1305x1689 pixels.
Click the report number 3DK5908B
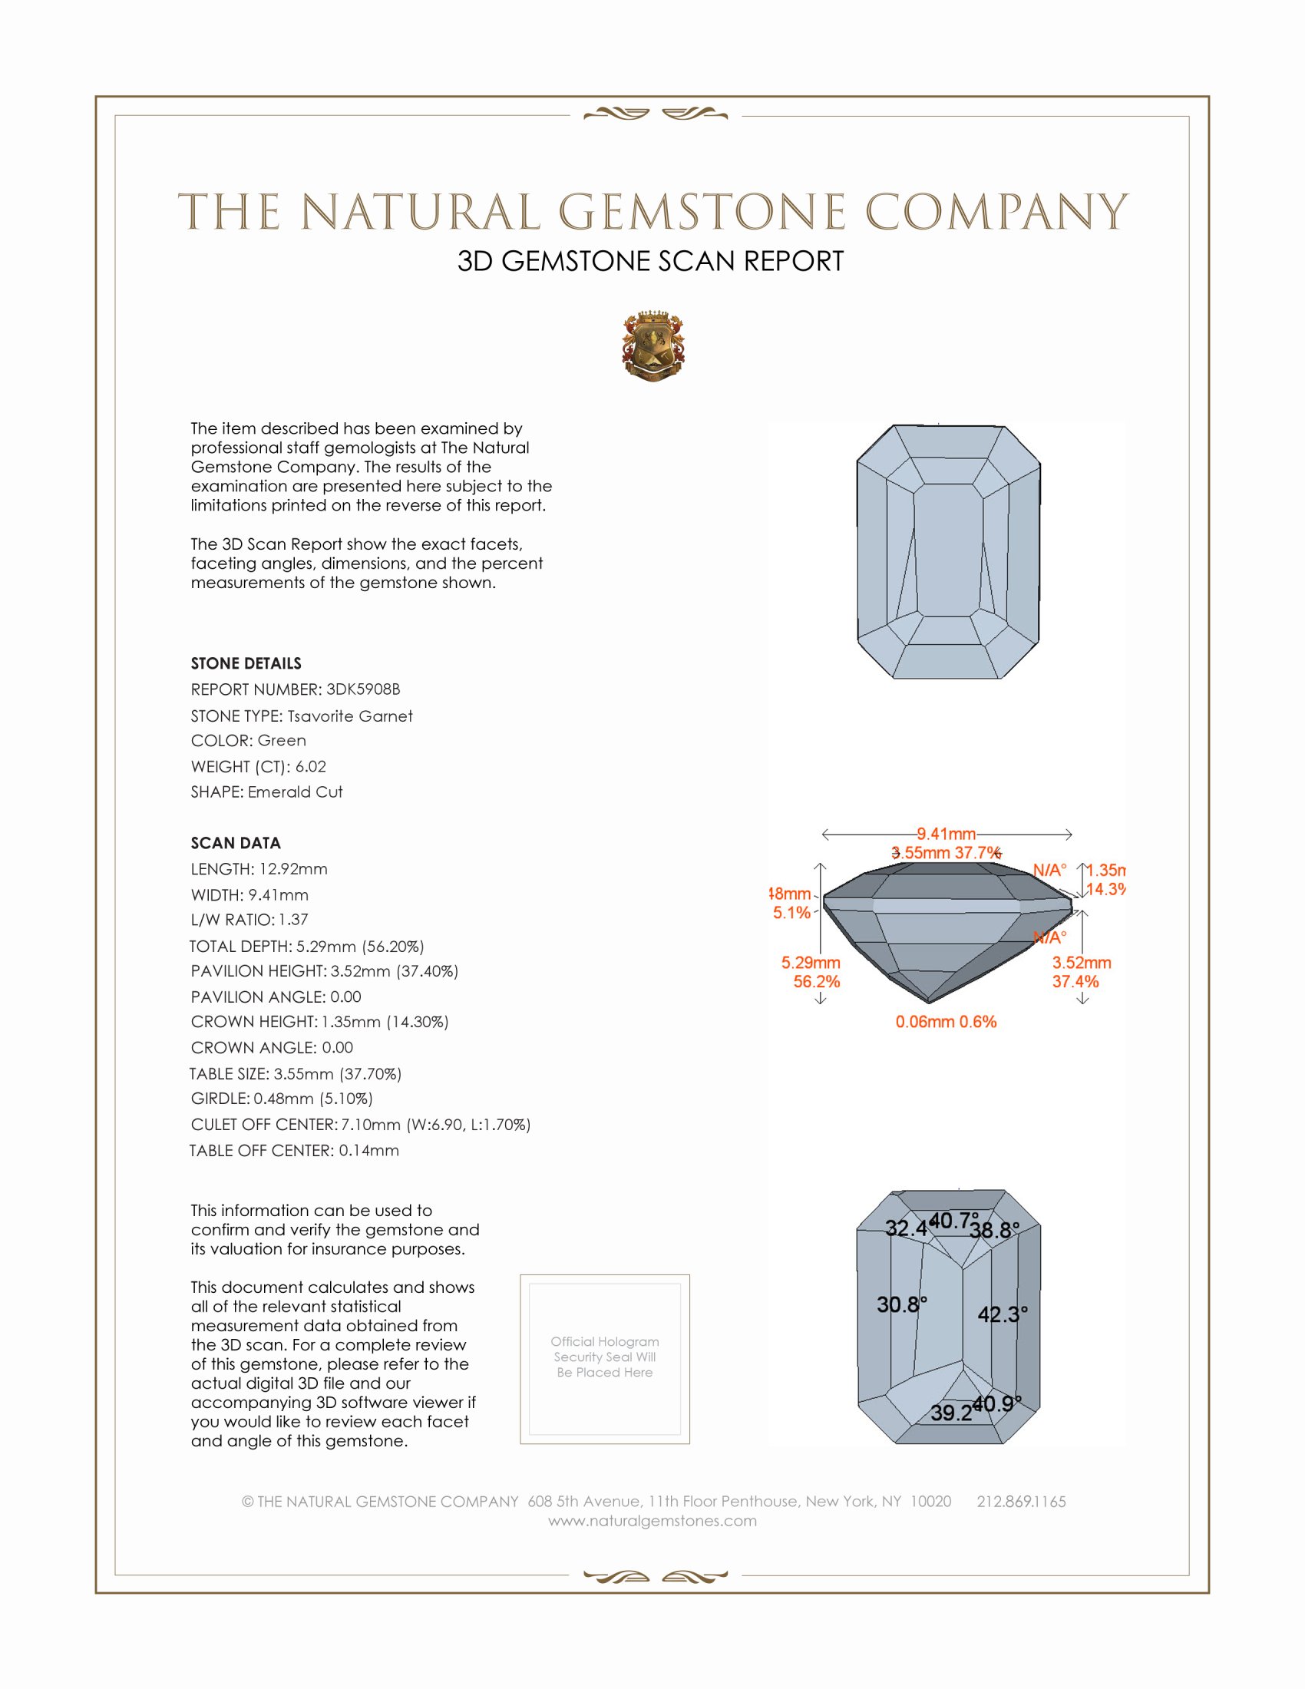362,689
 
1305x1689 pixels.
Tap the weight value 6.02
311,766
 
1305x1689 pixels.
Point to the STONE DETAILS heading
246,663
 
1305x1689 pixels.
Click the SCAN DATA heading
236,843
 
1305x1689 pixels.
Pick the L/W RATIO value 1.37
294,920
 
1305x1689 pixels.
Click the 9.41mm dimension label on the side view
947,834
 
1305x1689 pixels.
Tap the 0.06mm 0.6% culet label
946,1022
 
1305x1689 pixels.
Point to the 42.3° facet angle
1002,1314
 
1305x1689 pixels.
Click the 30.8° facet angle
901,1304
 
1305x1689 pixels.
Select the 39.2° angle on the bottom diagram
952,1413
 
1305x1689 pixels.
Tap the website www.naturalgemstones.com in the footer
652,1521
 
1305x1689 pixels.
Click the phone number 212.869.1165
1021,1502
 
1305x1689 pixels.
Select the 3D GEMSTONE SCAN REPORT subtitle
650,261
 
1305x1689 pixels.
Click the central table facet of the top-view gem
949,549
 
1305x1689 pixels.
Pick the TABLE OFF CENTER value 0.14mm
368,1150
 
